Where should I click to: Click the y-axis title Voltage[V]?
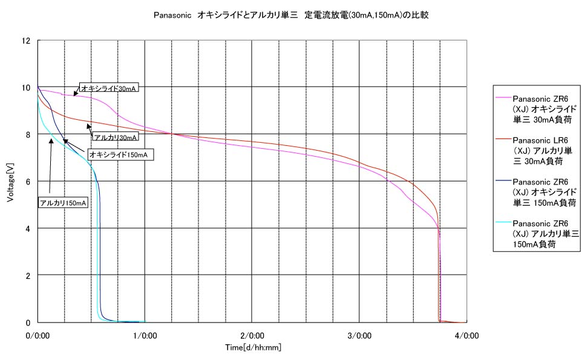click(x=11, y=182)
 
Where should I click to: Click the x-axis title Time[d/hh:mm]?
click(x=253, y=347)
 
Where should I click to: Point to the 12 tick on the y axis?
click(x=26, y=41)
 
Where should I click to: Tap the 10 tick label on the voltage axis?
click(x=26, y=87)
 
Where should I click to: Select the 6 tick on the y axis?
click(x=28, y=181)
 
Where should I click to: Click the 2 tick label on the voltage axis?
click(x=28, y=275)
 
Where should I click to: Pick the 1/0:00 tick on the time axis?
click(x=145, y=335)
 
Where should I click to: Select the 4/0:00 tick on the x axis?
click(x=466, y=335)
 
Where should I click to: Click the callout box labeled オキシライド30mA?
click(x=109, y=88)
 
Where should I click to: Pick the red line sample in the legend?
click(x=503, y=140)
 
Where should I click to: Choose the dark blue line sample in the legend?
click(x=503, y=181)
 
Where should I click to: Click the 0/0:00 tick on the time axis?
click(x=38, y=335)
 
